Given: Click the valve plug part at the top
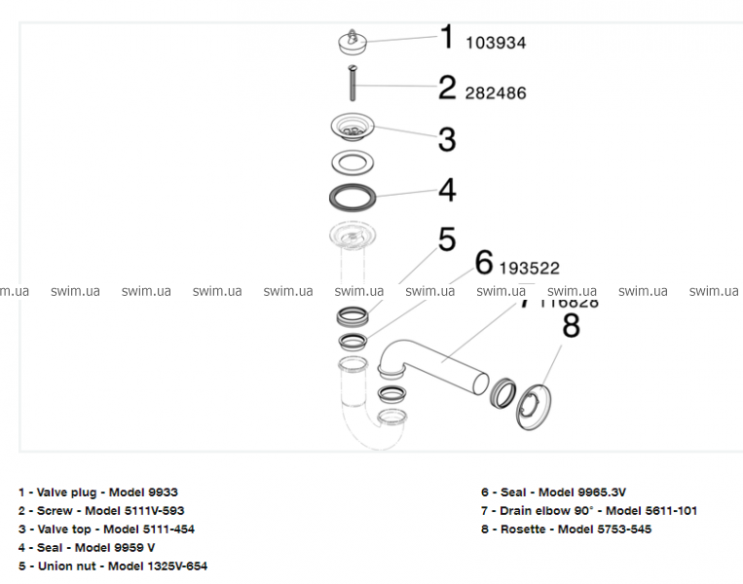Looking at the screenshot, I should pos(351,41).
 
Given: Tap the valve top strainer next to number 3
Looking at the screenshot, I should pos(353,128).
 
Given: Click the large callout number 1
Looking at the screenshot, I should pos(447,39).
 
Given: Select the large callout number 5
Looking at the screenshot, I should pos(446,239).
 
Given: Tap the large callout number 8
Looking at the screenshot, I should pos(571,325).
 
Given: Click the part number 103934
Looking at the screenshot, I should pos(496,43).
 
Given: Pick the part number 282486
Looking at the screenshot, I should pos(496,93).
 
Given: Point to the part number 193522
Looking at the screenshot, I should pos(530,268).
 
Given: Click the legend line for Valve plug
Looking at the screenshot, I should pos(97,493).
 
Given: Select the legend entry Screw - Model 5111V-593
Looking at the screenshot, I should pos(101,511).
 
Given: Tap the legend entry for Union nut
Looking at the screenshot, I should pos(112,566).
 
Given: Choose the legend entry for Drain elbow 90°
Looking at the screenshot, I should pos(588,511).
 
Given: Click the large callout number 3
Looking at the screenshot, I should pos(446,139).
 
